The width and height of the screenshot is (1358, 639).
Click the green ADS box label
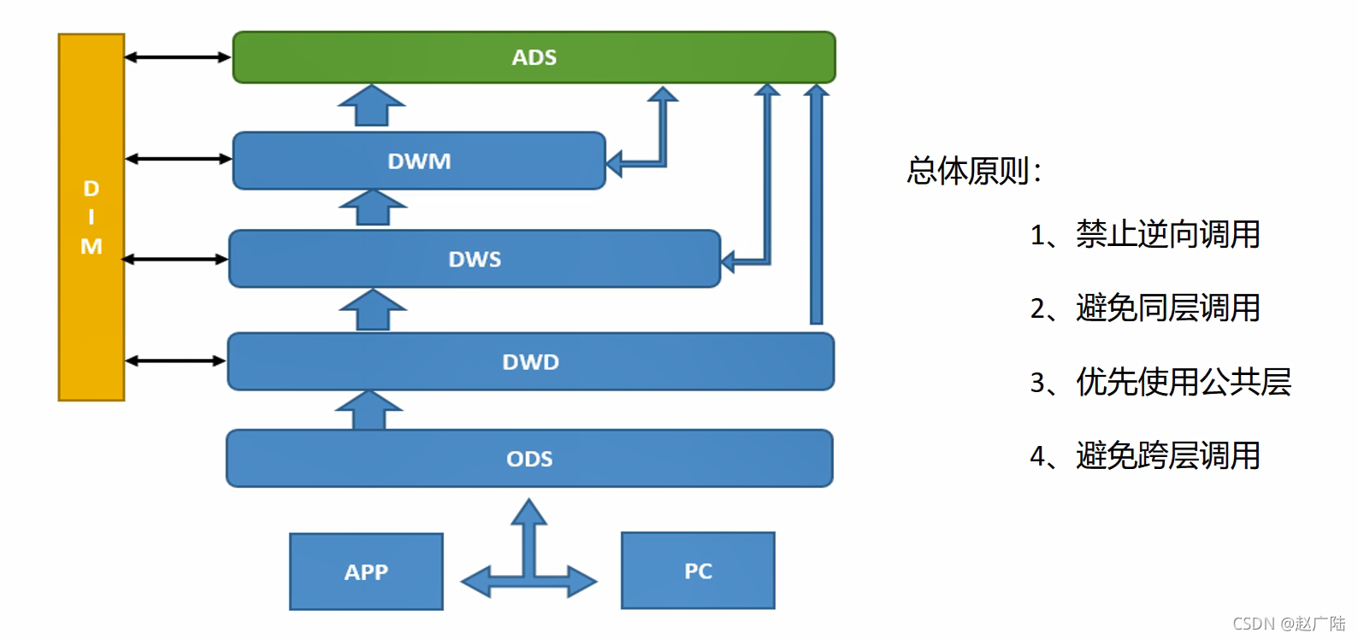pyautogui.click(x=534, y=57)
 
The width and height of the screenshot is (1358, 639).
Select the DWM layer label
pyautogui.click(x=419, y=161)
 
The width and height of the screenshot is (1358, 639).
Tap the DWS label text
pyautogui.click(x=475, y=260)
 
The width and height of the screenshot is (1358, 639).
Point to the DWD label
pyautogui.click(x=530, y=362)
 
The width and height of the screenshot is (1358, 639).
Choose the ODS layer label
pyautogui.click(x=529, y=460)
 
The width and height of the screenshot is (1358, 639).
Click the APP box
pyautogui.click(x=366, y=572)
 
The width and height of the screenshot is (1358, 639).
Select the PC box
pyautogui.click(x=698, y=571)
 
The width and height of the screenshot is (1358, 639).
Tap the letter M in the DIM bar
pyautogui.click(x=92, y=247)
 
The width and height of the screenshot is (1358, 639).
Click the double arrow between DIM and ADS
pyautogui.click(x=178, y=57)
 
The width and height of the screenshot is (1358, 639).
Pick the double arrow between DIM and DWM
pyautogui.click(x=178, y=159)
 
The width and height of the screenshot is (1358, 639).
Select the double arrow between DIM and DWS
pyautogui.click(x=175, y=259)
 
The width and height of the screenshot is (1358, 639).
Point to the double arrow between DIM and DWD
pyautogui.click(x=175, y=361)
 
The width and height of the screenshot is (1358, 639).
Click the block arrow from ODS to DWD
pyautogui.click(x=369, y=411)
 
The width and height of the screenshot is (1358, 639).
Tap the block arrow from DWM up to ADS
pyautogui.click(x=371, y=106)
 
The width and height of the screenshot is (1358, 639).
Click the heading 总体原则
pyautogui.click(x=974, y=171)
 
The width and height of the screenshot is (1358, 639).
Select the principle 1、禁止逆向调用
pyautogui.click(x=1145, y=235)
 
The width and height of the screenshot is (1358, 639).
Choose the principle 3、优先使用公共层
pyautogui.click(x=1160, y=382)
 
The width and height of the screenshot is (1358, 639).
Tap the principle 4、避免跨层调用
pyautogui.click(x=1145, y=456)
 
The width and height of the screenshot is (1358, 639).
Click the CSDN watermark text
pyautogui.click(x=1289, y=624)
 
